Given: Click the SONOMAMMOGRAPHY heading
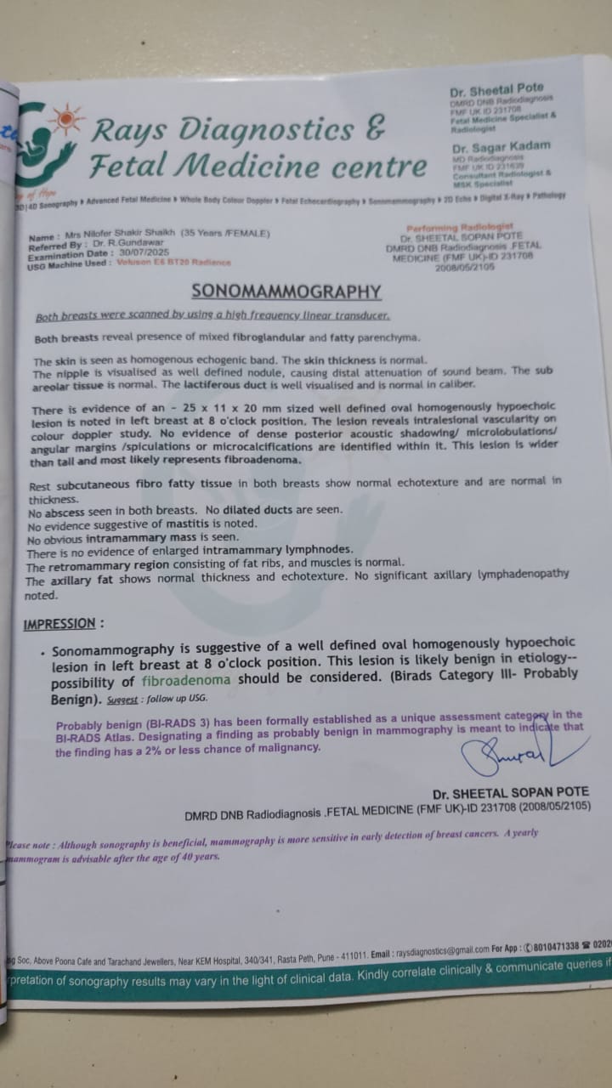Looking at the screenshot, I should pos(286,292).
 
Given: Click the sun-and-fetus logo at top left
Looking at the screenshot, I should pos(49,140).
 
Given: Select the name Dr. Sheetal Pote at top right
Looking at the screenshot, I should pos(496,88).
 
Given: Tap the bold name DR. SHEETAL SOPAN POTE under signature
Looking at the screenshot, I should pos(510,792).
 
